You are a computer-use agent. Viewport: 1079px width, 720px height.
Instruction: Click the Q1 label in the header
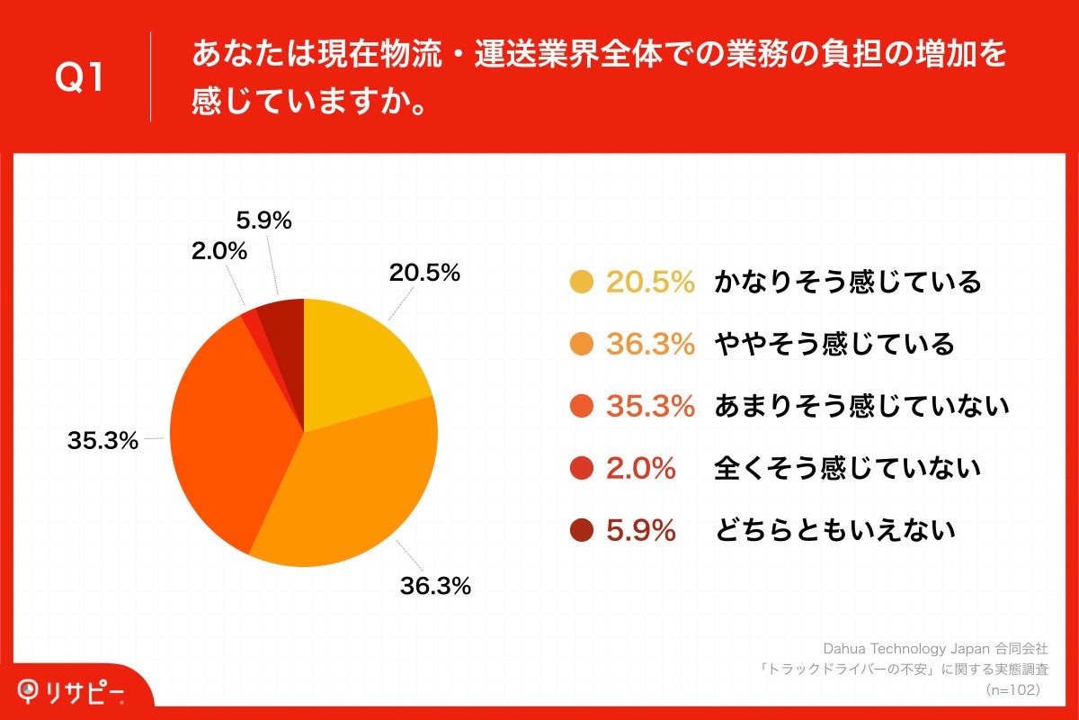(x=80, y=78)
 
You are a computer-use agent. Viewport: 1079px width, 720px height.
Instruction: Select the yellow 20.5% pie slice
(x=355, y=360)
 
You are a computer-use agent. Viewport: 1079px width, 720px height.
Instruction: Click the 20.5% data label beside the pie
(x=424, y=273)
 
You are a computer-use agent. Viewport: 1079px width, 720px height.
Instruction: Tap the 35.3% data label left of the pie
(x=103, y=441)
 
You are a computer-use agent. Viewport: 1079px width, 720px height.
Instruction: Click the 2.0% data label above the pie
(x=218, y=251)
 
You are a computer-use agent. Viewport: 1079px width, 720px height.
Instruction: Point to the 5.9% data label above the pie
(x=263, y=220)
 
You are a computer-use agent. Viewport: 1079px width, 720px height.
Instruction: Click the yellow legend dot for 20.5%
(x=582, y=283)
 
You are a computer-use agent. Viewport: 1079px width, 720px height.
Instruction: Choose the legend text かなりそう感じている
(x=847, y=283)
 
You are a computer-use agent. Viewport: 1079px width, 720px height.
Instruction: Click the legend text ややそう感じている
(x=834, y=344)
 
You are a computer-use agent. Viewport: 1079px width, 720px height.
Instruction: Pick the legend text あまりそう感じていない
(x=861, y=406)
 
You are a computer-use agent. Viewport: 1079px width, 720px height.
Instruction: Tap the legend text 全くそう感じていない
(x=847, y=468)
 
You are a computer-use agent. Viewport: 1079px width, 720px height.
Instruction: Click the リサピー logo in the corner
(x=71, y=691)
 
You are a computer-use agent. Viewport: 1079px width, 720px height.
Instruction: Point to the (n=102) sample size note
(x=1012, y=689)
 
